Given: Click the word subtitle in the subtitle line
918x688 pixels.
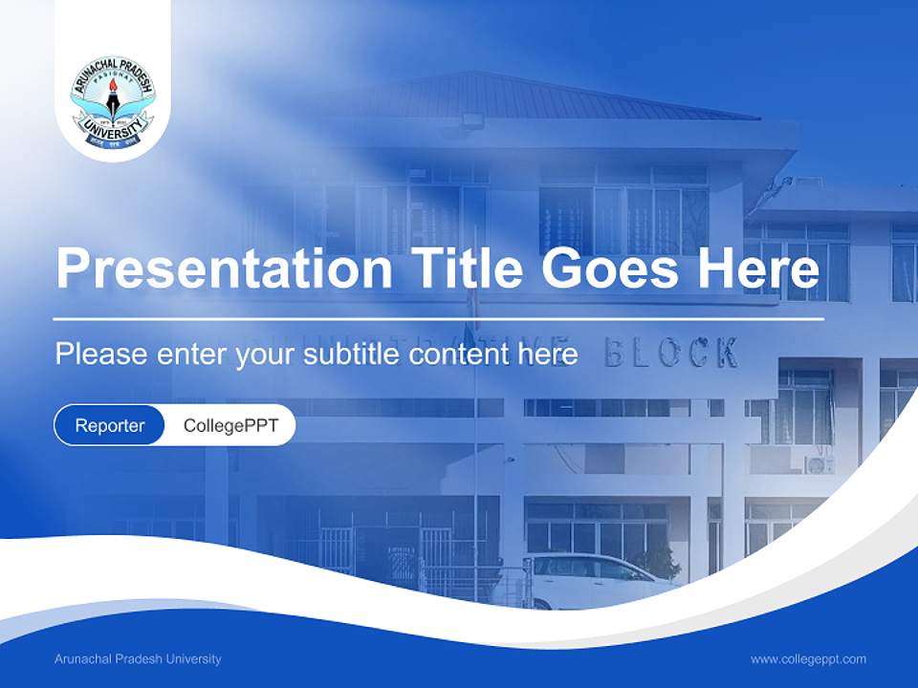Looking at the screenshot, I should pyautogui.click(x=353, y=355).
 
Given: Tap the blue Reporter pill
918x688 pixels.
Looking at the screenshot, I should pyautogui.click(x=110, y=425).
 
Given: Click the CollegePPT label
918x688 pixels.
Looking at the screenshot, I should pyautogui.click(x=230, y=425).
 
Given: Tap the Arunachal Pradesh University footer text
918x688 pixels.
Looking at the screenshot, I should pyautogui.click(x=138, y=659).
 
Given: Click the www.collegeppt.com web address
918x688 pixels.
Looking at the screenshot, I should pyautogui.click(x=808, y=659).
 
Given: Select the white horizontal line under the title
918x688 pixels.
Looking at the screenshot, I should pyautogui.click(x=439, y=319).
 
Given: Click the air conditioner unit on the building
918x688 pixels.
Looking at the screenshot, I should pyautogui.click(x=819, y=464).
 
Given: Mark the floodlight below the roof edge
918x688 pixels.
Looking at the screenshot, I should pyautogui.click(x=471, y=121).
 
